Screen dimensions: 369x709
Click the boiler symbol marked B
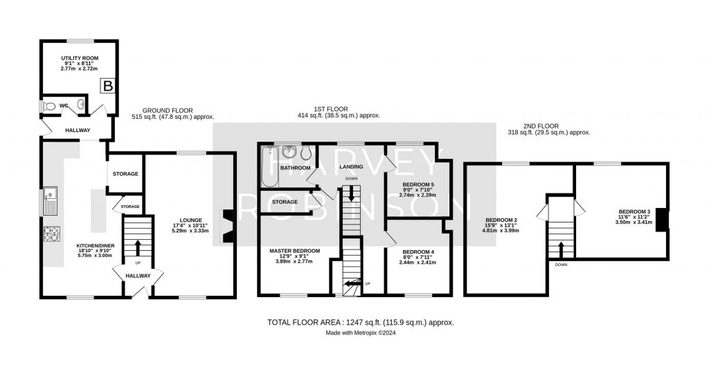(108, 86)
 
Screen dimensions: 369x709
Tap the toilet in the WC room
(48, 107)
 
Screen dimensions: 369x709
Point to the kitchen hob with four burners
(52, 235)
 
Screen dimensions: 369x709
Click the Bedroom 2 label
(499, 222)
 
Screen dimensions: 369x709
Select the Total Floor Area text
(360, 323)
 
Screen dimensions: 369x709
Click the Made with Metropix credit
(360, 333)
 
